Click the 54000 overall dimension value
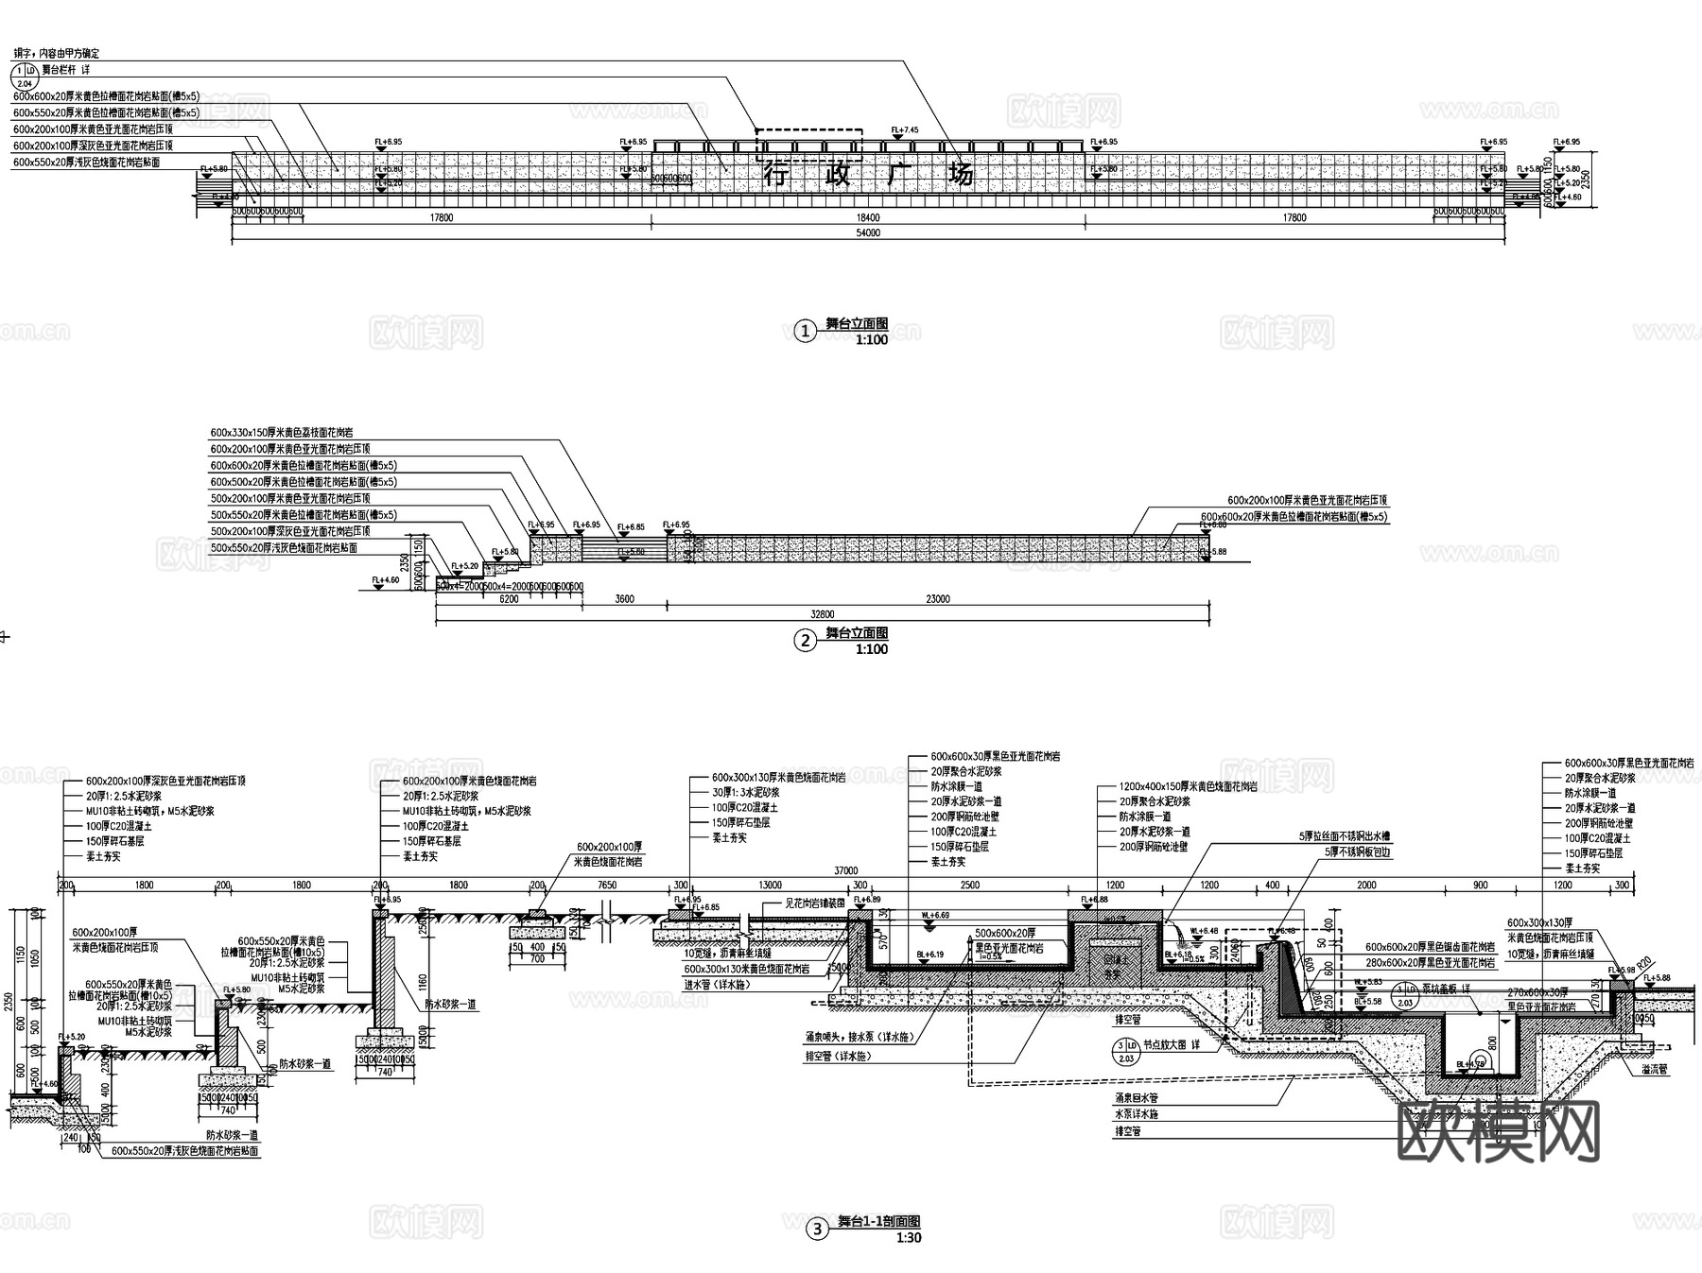[868, 232]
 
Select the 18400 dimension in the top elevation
[868, 218]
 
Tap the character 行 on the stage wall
[775, 175]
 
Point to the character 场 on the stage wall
[961, 175]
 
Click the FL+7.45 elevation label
[905, 130]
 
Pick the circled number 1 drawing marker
[805, 331]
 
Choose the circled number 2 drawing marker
[805, 641]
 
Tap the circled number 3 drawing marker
[815, 1230]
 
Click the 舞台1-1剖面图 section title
[878, 1222]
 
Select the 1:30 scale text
[908, 1238]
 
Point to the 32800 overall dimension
[823, 613]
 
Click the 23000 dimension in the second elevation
[937, 599]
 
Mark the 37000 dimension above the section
[845, 871]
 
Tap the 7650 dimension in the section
[607, 886]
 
